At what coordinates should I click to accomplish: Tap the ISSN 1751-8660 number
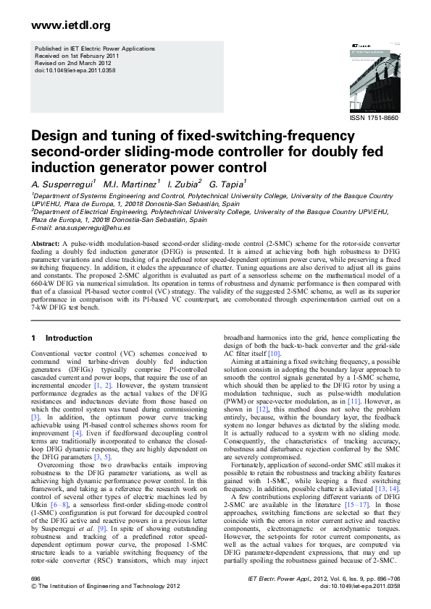(x=374, y=116)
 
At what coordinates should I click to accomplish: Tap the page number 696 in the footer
(x=36, y=580)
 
